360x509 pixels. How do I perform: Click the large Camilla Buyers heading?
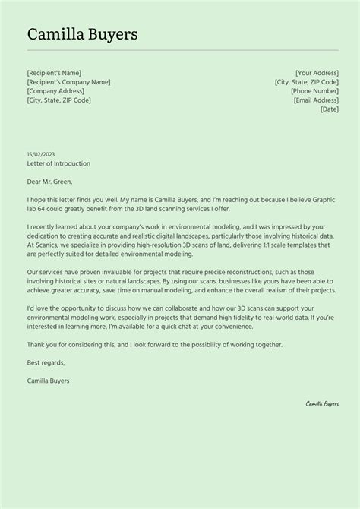click(82, 34)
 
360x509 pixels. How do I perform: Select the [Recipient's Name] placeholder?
click(53, 73)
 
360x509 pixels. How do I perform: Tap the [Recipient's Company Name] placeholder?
click(68, 82)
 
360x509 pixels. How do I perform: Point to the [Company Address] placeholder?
click(55, 91)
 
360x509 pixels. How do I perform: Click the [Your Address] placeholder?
click(317, 73)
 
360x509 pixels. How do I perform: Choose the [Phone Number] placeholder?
click(314, 91)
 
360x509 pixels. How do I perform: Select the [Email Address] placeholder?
click(315, 100)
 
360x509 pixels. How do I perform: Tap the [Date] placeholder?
click(329, 109)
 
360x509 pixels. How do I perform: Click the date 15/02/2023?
click(41, 154)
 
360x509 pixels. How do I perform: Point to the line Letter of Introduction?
click(58, 163)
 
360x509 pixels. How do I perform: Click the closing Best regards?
click(45, 362)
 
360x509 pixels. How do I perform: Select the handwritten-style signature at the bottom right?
click(322, 404)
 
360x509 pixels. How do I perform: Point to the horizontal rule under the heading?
click(180, 51)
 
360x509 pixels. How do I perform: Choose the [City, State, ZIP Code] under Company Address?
click(58, 100)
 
